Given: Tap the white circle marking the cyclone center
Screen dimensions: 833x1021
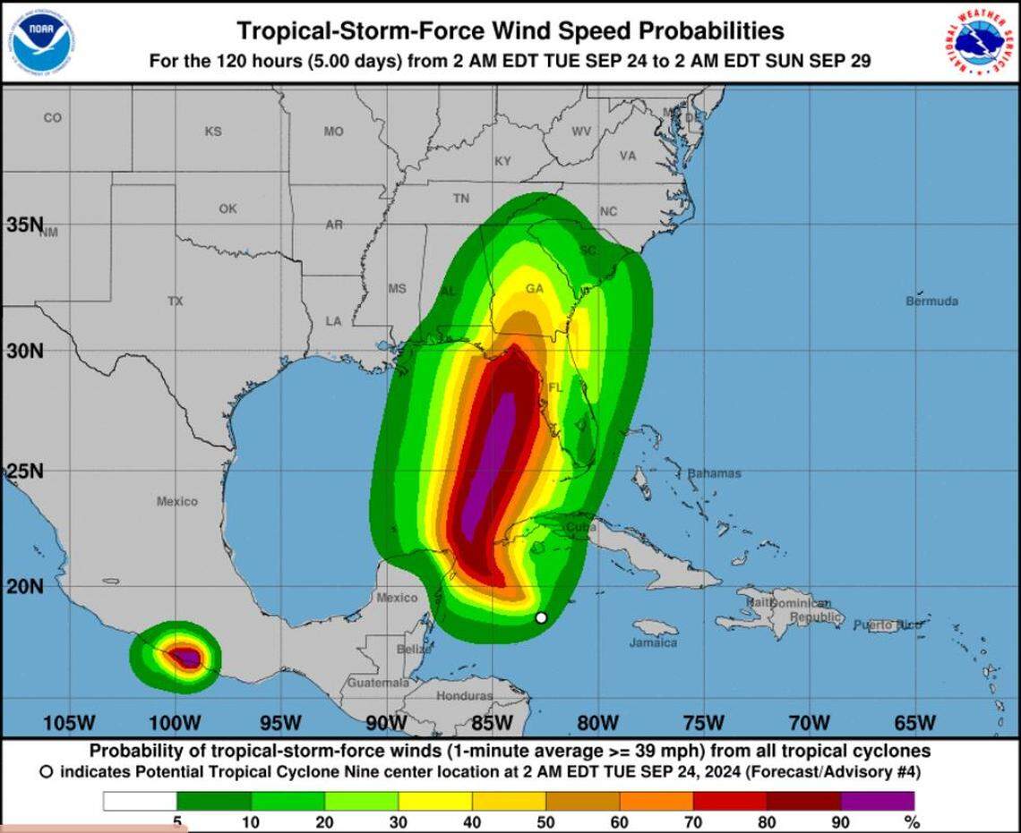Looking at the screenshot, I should tap(541, 617).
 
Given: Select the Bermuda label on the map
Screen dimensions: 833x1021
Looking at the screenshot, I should tap(931, 301).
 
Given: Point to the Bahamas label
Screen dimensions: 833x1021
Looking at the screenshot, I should tap(714, 473).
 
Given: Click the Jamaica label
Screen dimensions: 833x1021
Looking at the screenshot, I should tap(653, 642).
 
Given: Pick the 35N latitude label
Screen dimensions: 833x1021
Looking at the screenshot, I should tap(24, 225).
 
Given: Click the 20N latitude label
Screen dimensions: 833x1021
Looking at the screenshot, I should tap(24, 586).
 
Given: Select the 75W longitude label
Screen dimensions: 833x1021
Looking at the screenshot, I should tap(703, 722).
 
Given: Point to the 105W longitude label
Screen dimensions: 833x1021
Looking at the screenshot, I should tap(69, 722).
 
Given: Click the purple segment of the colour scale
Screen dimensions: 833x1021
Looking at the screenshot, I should tap(878, 801).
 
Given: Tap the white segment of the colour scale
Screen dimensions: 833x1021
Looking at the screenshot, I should tap(140, 801).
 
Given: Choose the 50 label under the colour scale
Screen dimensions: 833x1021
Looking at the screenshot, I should tap(545, 822).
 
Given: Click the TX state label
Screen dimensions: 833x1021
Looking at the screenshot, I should tap(175, 302).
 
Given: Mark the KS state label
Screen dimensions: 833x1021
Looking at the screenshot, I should tap(212, 132).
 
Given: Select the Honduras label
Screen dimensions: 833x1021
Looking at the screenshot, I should tap(464, 695).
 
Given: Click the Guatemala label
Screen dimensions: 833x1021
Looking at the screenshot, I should tap(378, 683).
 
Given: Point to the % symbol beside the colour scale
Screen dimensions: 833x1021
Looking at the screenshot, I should tap(912, 822).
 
